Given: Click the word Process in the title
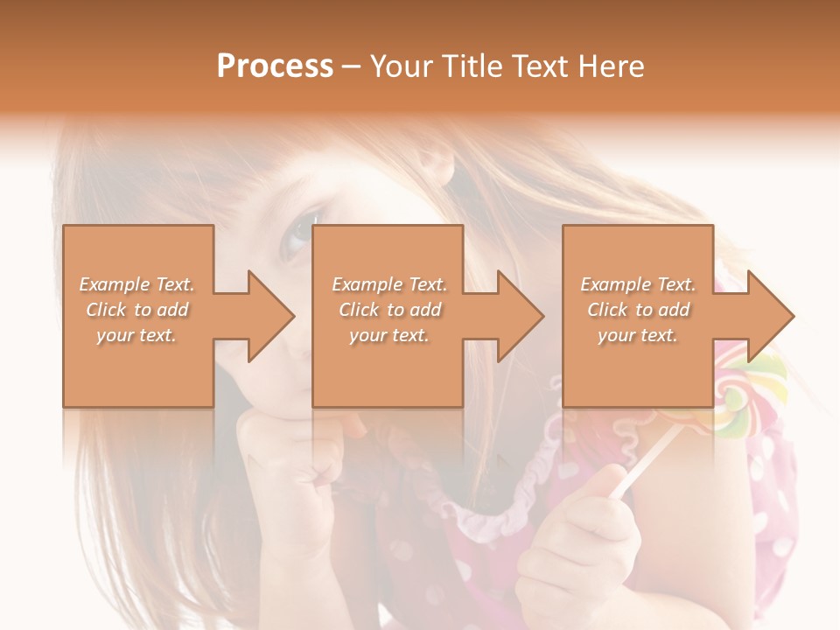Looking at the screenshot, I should click(275, 66).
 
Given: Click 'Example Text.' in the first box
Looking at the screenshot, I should click(137, 284).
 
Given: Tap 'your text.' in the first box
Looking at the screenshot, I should click(136, 335).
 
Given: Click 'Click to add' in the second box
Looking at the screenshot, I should click(389, 310).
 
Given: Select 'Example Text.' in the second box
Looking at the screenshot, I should click(389, 284).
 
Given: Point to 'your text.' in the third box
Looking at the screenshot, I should click(638, 335).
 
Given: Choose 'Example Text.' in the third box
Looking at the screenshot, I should click(638, 284).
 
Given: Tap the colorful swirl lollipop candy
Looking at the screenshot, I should click(744, 398).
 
